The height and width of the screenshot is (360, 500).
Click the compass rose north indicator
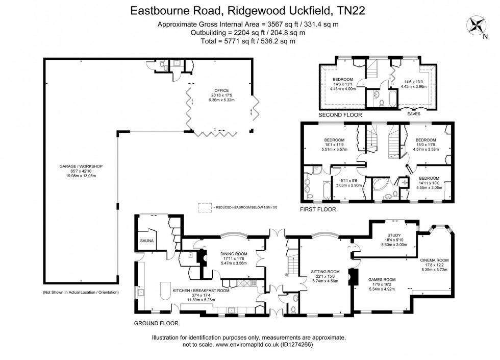[478, 25]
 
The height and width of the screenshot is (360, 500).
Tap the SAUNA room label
[147, 240]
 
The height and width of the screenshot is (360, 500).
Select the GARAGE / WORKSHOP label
[81, 166]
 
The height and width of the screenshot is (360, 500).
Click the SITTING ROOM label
[325, 271]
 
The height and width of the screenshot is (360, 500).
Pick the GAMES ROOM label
[382, 279]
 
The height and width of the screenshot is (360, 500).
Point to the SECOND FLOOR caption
[340, 115]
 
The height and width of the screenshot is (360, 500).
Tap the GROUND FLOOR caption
[156, 323]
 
